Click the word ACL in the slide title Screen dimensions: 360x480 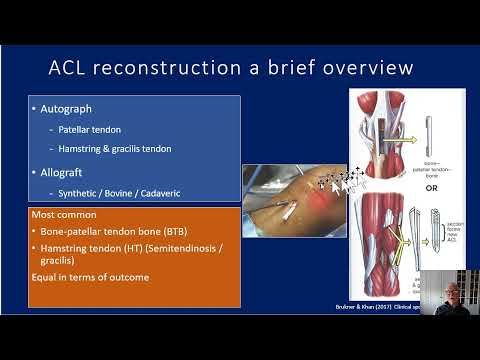71,68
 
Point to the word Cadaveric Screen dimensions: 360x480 176,192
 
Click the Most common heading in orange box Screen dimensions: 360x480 65,215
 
